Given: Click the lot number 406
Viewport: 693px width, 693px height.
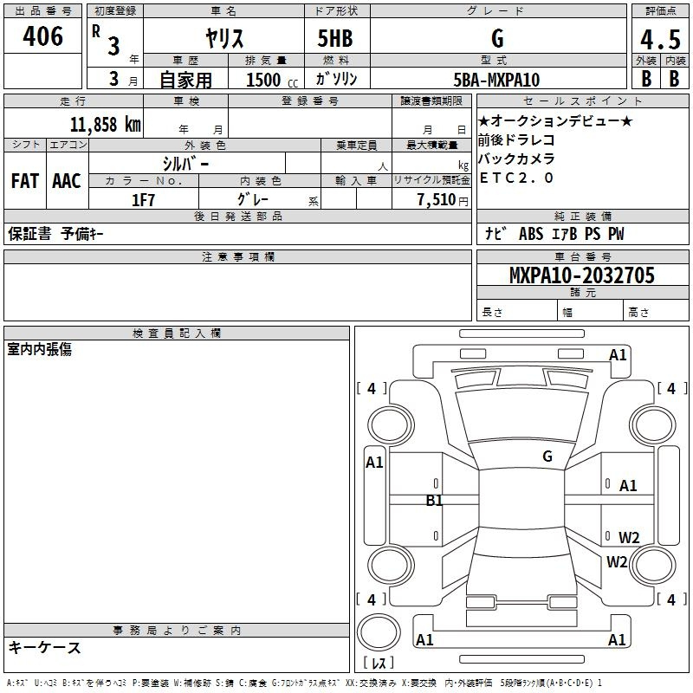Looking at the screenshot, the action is (42, 36).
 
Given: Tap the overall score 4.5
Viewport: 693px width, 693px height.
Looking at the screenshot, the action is (660, 40).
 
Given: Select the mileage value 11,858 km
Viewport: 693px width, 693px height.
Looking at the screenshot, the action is (105, 124).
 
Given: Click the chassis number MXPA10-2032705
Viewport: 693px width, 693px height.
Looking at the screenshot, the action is (581, 275).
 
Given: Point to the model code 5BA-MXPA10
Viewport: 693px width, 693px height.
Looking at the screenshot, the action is (496, 80).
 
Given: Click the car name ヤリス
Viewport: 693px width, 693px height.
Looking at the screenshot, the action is (224, 38).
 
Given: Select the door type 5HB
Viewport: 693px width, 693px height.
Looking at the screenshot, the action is (335, 38).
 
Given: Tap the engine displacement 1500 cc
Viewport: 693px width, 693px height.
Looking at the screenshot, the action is (272, 80).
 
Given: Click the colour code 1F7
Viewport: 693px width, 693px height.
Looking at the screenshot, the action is (144, 200).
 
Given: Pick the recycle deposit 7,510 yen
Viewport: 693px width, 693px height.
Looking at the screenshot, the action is (443, 200).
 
